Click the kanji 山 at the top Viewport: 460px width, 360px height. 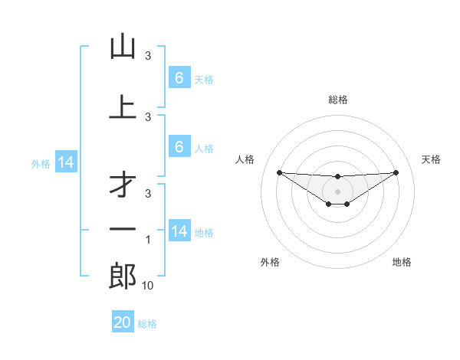point(123,47)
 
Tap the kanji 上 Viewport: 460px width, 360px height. point(123,107)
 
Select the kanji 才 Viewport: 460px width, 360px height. point(123,185)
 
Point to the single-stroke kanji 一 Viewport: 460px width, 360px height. point(123,228)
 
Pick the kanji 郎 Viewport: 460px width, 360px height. point(123,277)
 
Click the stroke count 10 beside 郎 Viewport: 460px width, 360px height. point(147,286)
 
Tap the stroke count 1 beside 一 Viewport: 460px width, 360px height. point(148,241)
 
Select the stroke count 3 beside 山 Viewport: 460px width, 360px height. point(148,56)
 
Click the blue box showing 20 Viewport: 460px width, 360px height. point(123,322)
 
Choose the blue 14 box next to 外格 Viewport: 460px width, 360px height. point(66,162)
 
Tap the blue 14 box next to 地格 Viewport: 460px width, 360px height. point(179,231)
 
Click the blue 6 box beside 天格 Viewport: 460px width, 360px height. point(179,78)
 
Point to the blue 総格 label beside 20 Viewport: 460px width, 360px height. point(147,324)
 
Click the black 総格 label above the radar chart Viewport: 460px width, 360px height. point(338,100)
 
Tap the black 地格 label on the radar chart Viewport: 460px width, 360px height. point(402,262)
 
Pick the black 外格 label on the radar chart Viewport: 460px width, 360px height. point(270,262)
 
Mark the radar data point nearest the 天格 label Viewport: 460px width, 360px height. point(396,172)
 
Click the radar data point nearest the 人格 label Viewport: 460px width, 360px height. point(279,172)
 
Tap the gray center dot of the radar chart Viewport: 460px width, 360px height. point(338,191)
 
